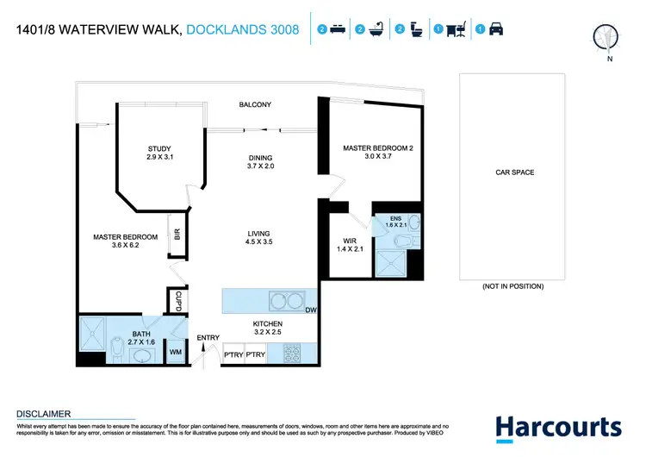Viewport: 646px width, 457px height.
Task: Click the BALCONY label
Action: click(x=255, y=105)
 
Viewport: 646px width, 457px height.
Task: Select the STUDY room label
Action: click(x=159, y=153)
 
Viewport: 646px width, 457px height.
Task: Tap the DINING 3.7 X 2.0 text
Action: click(x=260, y=161)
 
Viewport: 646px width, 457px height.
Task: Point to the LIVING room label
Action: click(x=258, y=238)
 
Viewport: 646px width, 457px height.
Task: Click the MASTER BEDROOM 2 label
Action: click(x=378, y=153)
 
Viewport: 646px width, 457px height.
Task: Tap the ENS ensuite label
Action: click(x=395, y=222)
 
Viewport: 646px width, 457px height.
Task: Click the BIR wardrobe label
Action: click(x=177, y=235)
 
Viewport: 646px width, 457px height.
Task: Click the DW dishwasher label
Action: click(x=310, y=310)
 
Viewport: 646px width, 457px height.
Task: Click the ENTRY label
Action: click(x=208, y=337)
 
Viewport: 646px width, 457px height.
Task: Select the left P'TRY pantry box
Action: click(x=232, y=354)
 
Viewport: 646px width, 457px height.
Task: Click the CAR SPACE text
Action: click(x=514, y=172)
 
